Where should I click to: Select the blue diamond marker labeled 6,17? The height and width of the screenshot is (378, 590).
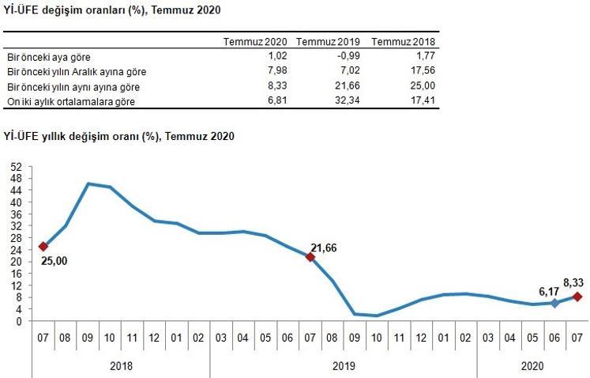click(x=554, y=303)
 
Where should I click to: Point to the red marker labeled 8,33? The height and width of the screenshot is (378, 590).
click(x=577, y=297)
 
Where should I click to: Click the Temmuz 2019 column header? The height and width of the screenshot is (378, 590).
click(x=328, y=42)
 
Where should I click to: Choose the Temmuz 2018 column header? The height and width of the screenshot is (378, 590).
click(x=403, y=42)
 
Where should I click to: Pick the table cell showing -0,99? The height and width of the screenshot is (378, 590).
click(x=344, y=57)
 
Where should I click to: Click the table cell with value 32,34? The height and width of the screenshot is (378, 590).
click(x=343, y=101)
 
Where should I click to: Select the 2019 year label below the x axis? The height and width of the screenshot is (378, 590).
click(x=344, y=365)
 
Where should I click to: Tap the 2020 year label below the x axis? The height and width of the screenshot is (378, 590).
click(x=532, y=365)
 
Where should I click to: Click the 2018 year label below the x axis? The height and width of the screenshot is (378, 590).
click(x=122, y=365)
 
